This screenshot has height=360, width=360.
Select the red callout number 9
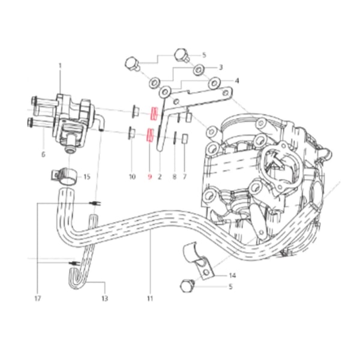pyautogui.click(x=149, y=177)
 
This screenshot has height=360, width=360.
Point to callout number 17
pyautogui.click(x=37, y=298)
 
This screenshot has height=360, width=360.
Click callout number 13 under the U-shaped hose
pyautogui.click(x=104, y=298)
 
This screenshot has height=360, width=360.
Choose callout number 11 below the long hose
pyautogui.click(x=150, y=298)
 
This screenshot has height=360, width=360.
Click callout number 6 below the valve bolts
pyautogui.click(x=43, y=154)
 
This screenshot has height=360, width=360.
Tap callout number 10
pyautogui.click(x=132, y=177)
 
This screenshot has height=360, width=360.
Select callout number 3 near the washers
pyautogui.click(x=221, y=67)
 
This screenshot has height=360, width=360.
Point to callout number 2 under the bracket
pyautogui.click(x=160, y=177)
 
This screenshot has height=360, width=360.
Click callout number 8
pyautogui.click(x=174, y=177)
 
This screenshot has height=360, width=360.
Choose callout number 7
pyautogui.click(x=185, y=177)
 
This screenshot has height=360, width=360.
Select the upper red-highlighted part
pyautogui.click(x=154, y=114)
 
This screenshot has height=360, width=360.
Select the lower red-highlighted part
pyautogui.click(x=150, y=134)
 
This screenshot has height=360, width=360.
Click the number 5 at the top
pyautogui.click(x=204, y=55)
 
